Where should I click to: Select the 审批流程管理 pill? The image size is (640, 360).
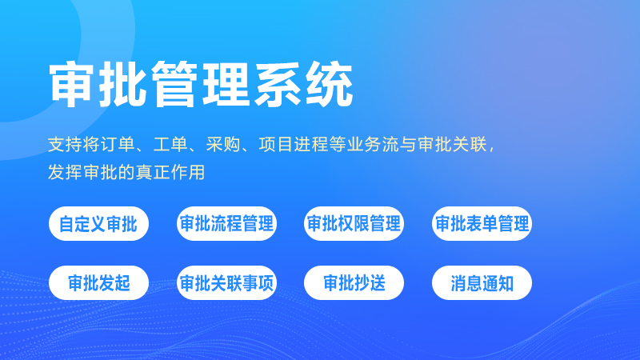(x=226, y=224)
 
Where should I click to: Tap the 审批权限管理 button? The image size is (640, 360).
(x=354, y=224)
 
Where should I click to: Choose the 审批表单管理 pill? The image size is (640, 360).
(x=482, y=224)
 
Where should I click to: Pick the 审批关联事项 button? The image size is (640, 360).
(x=226, y=283)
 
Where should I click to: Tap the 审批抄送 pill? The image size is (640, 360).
(x=354, y=283)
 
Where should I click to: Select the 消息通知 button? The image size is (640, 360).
(x=482, y=283)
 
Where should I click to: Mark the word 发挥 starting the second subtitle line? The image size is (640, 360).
(x=64, y=172)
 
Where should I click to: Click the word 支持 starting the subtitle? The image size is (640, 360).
(x=64, y=146)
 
